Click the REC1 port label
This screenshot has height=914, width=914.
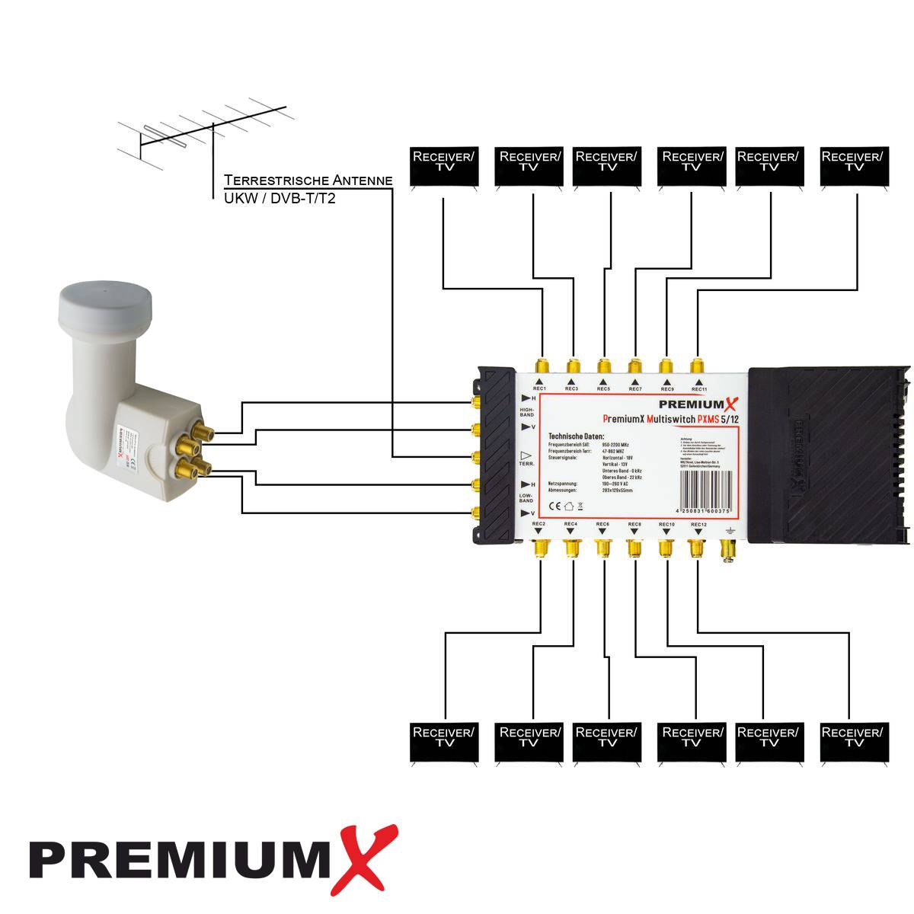539,389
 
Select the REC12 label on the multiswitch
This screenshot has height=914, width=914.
698,525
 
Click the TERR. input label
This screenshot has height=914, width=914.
527,463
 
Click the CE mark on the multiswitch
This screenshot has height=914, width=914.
555,505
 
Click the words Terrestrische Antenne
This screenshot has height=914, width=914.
308,181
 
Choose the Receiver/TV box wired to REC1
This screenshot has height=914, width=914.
443,166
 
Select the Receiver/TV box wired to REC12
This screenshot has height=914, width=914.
854,742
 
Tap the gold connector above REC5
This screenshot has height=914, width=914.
604,365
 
